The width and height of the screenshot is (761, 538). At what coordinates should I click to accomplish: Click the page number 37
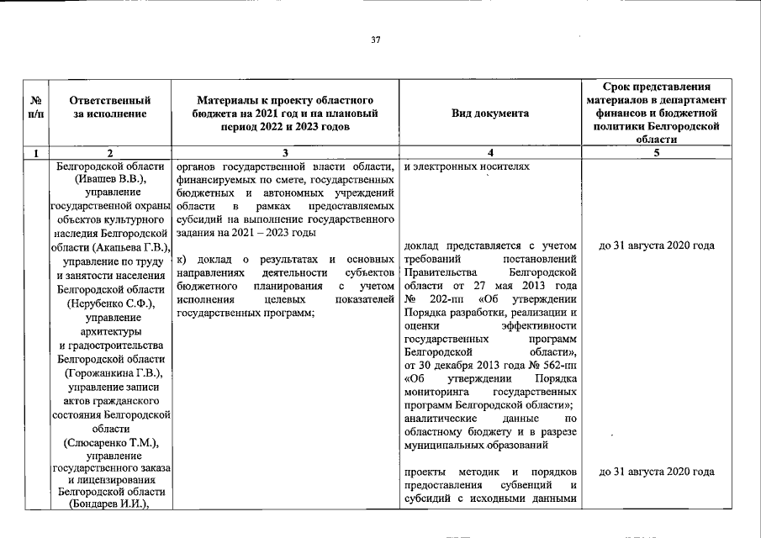tap(376, 40)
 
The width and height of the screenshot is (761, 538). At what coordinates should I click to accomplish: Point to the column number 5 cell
tap(657, 153)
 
